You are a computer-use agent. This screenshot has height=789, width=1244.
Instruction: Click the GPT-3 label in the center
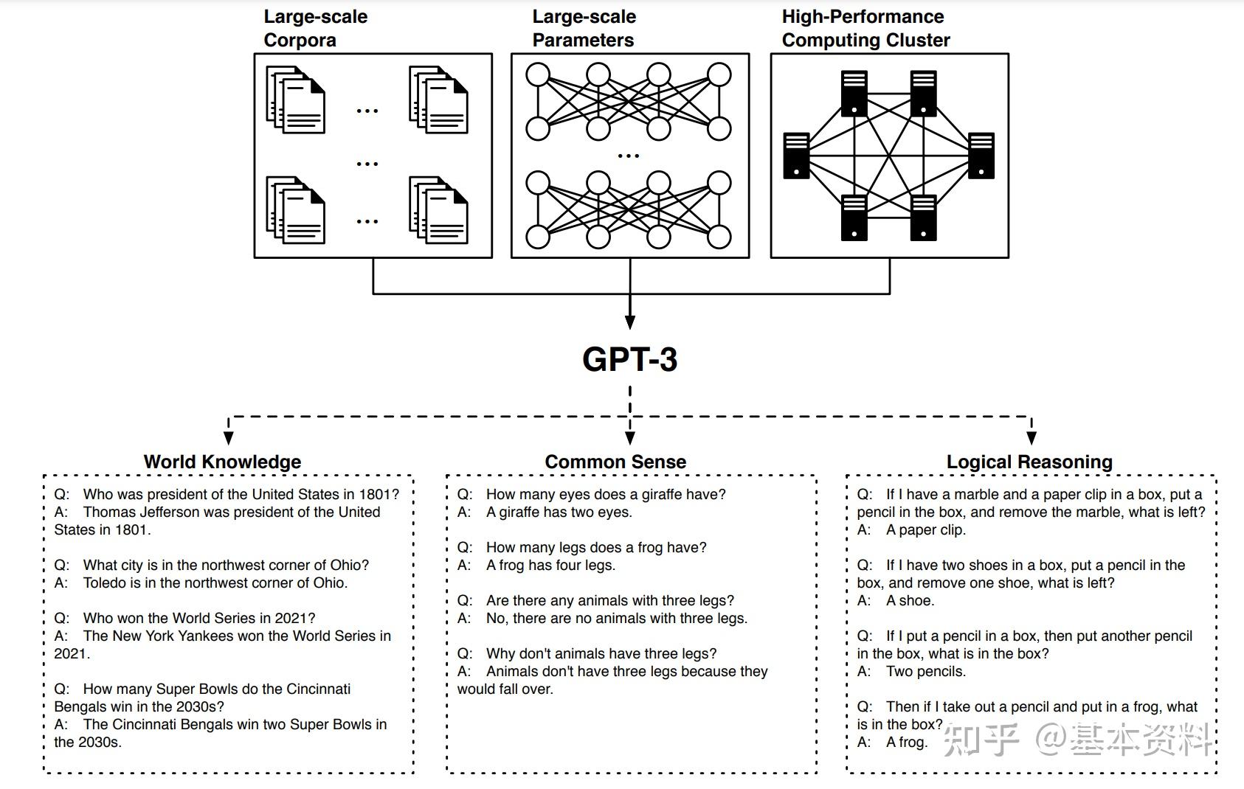[630, 359]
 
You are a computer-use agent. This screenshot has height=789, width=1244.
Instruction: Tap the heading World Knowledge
[222, 462]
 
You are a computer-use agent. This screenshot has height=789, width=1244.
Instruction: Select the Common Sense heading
[615, 462]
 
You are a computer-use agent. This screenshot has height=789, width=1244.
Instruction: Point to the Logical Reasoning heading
[1029, 462]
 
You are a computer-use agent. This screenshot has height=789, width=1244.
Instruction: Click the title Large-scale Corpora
[316, 28]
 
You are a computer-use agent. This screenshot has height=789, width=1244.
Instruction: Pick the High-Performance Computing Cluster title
[865, 28]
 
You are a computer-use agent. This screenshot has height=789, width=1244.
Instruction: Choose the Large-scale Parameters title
[584, 28]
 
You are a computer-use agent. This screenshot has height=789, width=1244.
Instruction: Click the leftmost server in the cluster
[796, 156]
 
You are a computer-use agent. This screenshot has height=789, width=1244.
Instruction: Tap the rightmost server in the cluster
[981, 156]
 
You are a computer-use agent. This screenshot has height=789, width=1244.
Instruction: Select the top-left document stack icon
[295, 100]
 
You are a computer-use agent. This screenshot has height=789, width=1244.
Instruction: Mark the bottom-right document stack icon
[438, 210]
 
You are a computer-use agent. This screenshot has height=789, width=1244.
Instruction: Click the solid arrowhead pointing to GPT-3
[630, 322]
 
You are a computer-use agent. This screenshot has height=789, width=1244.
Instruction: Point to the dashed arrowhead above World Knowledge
[228, 438]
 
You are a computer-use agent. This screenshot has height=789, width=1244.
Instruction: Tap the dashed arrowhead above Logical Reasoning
[1032, 438]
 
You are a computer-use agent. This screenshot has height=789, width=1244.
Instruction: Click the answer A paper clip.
[926, 530]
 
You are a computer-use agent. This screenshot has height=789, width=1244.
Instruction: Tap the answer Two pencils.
[926, 672]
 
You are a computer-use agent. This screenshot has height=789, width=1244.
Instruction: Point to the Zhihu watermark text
[1077, 739]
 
